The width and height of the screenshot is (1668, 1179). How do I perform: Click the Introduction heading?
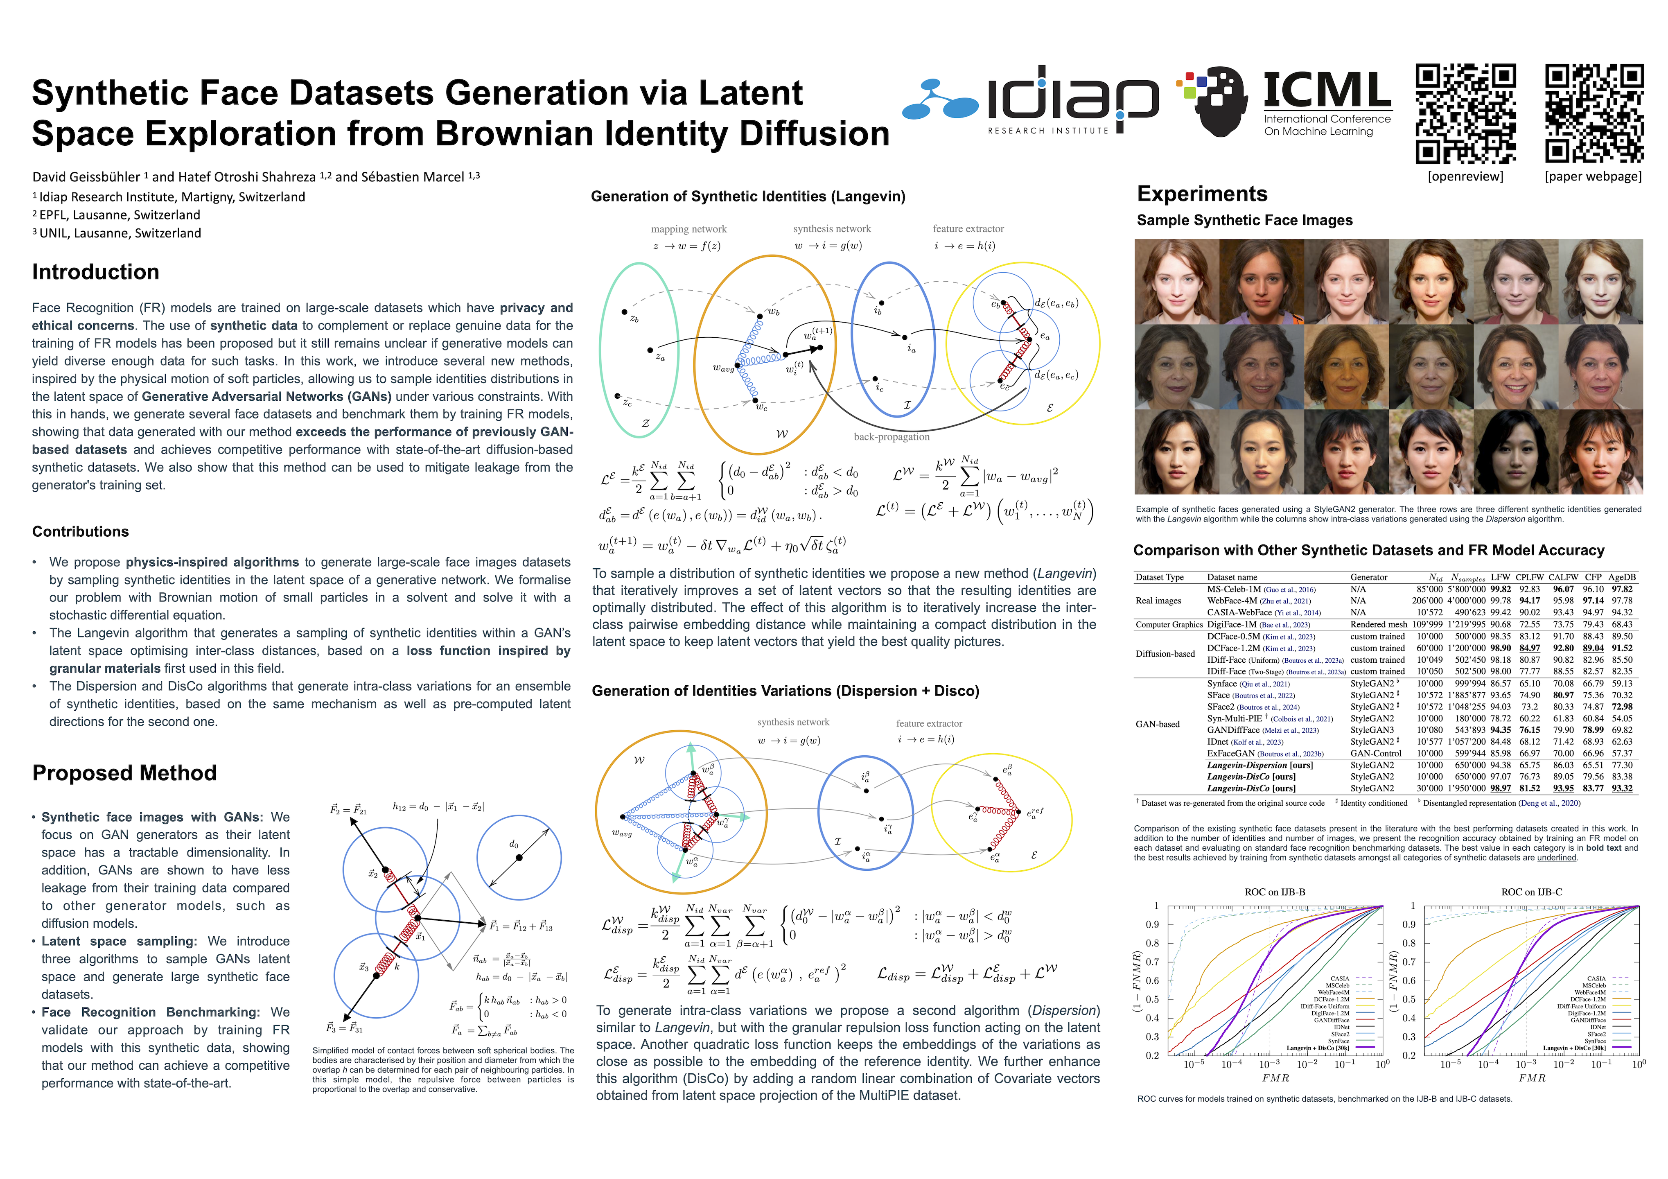(95, 272)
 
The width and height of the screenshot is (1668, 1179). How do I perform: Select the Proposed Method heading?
(124, 773)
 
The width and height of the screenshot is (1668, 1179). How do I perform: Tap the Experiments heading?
(1202, 194)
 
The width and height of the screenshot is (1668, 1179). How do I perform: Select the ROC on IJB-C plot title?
(1531, 892)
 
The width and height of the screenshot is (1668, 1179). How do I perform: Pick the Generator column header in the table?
(1369, 578)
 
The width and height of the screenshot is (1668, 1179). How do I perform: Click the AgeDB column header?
(1621, 578)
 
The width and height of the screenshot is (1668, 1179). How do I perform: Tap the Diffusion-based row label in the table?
(1165, 654)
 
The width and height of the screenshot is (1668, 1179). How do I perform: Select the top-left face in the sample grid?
(1177, 282)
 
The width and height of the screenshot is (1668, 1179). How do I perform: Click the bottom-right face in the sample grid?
(1600, 452)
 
